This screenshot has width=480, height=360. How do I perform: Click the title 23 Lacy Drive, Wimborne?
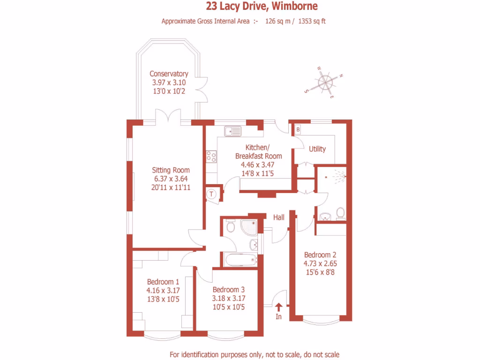262,7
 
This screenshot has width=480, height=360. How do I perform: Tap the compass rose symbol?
325,83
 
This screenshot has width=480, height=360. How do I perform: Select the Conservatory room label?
169,74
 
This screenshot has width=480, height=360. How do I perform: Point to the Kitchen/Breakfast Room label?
258,151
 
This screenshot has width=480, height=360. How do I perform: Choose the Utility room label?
317,149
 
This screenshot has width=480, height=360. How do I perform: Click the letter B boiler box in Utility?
298,128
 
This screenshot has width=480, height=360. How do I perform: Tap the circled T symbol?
212,193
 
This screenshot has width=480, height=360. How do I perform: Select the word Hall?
279,217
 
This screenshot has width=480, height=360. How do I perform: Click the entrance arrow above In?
278,307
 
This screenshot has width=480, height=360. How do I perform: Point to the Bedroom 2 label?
320,255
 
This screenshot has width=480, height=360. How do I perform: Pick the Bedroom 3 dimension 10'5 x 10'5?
229,307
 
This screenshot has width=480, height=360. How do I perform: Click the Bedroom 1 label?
163,282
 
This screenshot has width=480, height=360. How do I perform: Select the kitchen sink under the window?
232,131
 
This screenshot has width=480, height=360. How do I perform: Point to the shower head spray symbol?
340,177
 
